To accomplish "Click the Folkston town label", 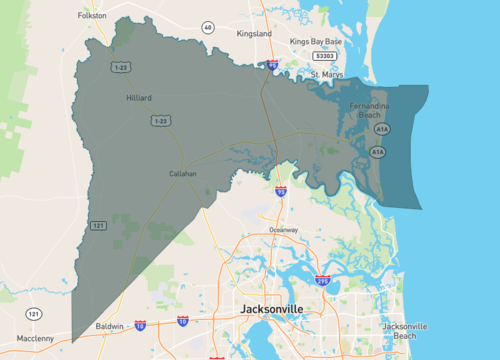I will [x=92, y=16].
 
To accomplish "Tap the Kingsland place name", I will [x=254, y=33].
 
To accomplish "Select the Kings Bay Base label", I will [x=316, y=41].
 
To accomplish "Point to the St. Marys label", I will [x=327, y=74].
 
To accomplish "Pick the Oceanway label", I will [x=283, y=230].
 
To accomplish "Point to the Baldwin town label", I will [x=110, y=327].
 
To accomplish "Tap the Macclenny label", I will [x=35, y=338].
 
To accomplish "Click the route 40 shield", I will [x=207, y=27].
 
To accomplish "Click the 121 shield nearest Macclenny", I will [x=35, y=314].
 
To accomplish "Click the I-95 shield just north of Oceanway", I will [x=281, y=190].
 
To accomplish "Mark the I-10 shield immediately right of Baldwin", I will [x=140, y=326].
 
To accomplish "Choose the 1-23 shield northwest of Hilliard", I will [x=121, y=66].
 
